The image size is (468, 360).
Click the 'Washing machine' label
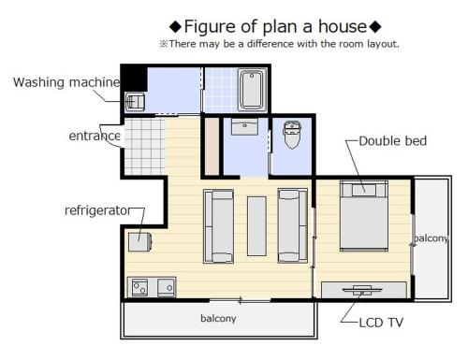(66, 82)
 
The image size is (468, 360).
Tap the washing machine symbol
(134, 100)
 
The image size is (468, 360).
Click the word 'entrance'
(95, 136)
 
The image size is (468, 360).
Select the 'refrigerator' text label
(96, 210)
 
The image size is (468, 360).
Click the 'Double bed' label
(392, 141)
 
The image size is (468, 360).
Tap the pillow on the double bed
(363, 189)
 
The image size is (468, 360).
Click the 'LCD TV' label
(382, 323)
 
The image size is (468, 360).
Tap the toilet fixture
(290, 136)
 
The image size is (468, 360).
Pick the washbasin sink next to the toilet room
(246, 129)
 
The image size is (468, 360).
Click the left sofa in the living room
(220, 225)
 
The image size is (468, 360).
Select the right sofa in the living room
(292, 225)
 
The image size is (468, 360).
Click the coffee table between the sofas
(256, 225)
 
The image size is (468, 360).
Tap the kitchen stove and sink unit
(152, 286)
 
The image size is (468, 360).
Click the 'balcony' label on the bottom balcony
(218, 318)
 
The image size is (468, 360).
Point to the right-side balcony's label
(431, 238)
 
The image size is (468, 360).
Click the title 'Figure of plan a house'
(274, 25)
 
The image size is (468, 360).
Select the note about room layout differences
(279, 43)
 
